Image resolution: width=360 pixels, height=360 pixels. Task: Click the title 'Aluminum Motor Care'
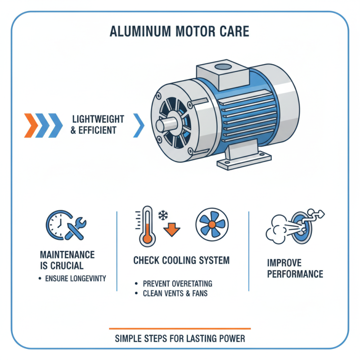(x=180, y=33)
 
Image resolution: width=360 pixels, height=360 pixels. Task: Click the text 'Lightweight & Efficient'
(x=98, y=125)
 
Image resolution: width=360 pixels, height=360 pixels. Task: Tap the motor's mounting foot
(x=244, y=160)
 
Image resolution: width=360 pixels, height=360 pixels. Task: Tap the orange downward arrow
(x=170, y=228)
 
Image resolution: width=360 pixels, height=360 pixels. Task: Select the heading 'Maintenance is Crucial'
(x=67, y=260)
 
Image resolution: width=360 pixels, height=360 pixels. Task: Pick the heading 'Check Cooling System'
(x=181, y=260)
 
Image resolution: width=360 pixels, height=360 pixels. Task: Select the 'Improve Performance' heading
(x=295, y=269)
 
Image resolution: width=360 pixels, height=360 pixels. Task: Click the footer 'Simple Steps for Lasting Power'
(x=180, y=338)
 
